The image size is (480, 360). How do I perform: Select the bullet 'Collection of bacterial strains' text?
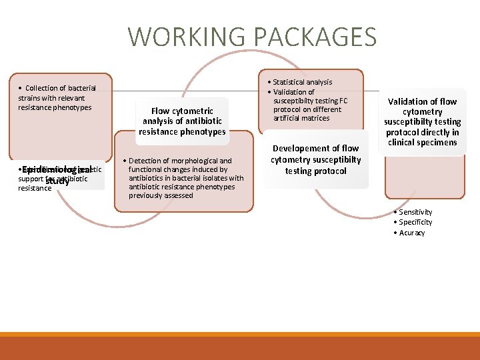[x=57, y=97]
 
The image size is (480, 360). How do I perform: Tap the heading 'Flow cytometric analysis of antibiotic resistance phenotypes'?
[x=182, y=121]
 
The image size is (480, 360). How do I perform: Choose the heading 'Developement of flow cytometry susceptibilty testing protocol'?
[x=315, y=160]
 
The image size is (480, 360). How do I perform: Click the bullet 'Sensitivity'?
[x=415, y=212]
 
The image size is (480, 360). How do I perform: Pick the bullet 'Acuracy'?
[x=411, y=233]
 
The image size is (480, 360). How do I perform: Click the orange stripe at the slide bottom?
[x=240, y=334]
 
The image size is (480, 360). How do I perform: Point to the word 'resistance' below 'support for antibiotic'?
[x=35, y=189]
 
